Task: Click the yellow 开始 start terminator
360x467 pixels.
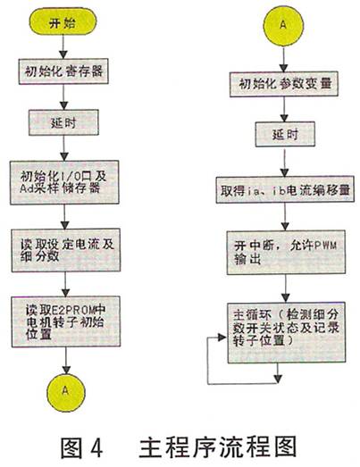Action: pyautogui.click(x=63, y=22)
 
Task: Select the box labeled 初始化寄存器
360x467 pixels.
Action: pyautogui.click(x=63, y=71)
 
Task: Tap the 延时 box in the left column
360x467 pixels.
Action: pyautogui.click(x=63, y=122)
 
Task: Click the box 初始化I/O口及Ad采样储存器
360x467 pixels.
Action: pyautogui.click(x=64, y=182)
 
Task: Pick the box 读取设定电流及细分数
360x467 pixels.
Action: pyautogui.click(x=66, y=250)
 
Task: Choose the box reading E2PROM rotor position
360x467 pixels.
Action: pyautogui.click(x=66, y=321)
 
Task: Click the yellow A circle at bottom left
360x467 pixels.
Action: pyautogui.click(x=66, y=392)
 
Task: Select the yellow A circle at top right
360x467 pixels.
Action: pyautogui.click(x=283, y=26)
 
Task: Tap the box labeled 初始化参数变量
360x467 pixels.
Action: pyautogui.click(x=284, y=84)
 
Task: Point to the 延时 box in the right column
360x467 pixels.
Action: pyautogui.click(x=285, y=134)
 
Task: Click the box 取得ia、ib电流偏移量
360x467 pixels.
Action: pyautogui.click(x=285, y=189)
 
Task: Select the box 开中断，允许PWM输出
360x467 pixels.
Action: pyautogui.click(x=286, y=252)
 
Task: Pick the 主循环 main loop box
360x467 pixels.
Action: pyautogui.click(x=287, y=332)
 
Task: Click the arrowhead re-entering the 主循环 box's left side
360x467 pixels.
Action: pyautogui.click(x=222, y=338)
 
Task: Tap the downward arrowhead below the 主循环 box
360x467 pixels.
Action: pyautogui.click(x=278, y=379)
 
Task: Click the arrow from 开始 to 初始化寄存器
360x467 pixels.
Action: pyautogui.click(x=63, y=47)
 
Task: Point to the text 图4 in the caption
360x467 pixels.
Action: pyautogui.click(x=81, y=447)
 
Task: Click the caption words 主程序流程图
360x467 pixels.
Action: pyautogui.click(x=218, y=446)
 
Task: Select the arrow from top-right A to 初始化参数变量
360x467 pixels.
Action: pyautogui.click(x=284, y=59)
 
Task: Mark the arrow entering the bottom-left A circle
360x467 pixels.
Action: pyautogui.click(x=66, y=361)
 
